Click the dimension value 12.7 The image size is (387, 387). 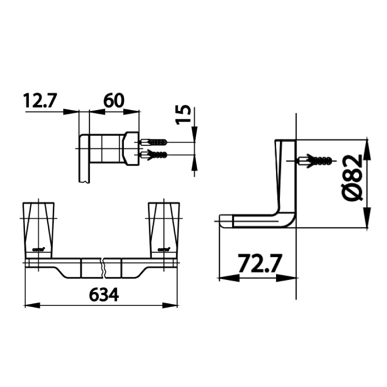click(40, 101)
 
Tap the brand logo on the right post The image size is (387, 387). click(164, 249)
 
